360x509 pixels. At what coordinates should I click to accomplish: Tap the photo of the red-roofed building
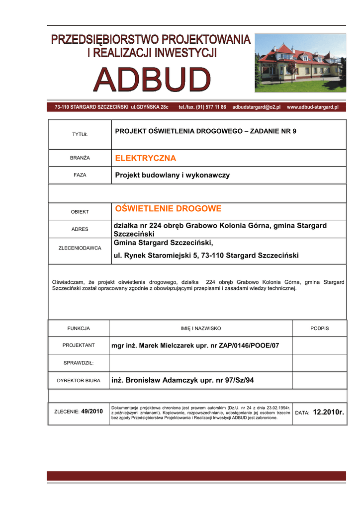300,63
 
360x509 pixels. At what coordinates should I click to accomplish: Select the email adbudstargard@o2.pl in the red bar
257,107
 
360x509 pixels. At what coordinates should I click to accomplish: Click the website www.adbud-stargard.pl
312,107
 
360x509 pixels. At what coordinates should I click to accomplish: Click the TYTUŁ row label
80,135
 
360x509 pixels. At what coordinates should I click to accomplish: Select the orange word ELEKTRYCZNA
146,159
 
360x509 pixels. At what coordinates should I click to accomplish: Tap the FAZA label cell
80,175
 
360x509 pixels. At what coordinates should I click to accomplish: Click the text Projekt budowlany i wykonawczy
173,175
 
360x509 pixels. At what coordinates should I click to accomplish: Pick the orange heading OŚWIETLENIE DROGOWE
168,208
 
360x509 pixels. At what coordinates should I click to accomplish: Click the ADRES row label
80,229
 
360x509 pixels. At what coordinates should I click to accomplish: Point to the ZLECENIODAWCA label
80,248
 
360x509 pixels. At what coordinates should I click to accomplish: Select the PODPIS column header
319,329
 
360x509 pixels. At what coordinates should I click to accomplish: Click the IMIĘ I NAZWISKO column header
200,329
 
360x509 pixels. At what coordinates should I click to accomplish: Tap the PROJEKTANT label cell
79,345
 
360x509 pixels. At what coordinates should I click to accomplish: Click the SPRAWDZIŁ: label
79,363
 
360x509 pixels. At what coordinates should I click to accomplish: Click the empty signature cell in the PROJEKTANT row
319,345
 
